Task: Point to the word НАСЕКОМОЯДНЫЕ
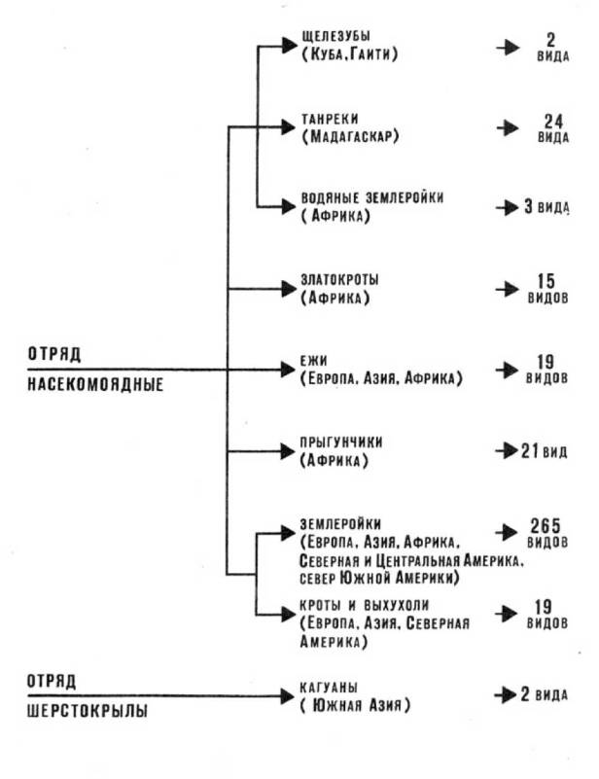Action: click(x=94, y=383)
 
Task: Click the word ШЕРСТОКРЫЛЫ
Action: click(x=87, y=711)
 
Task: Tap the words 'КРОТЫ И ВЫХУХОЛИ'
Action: click(x=365, y=606)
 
